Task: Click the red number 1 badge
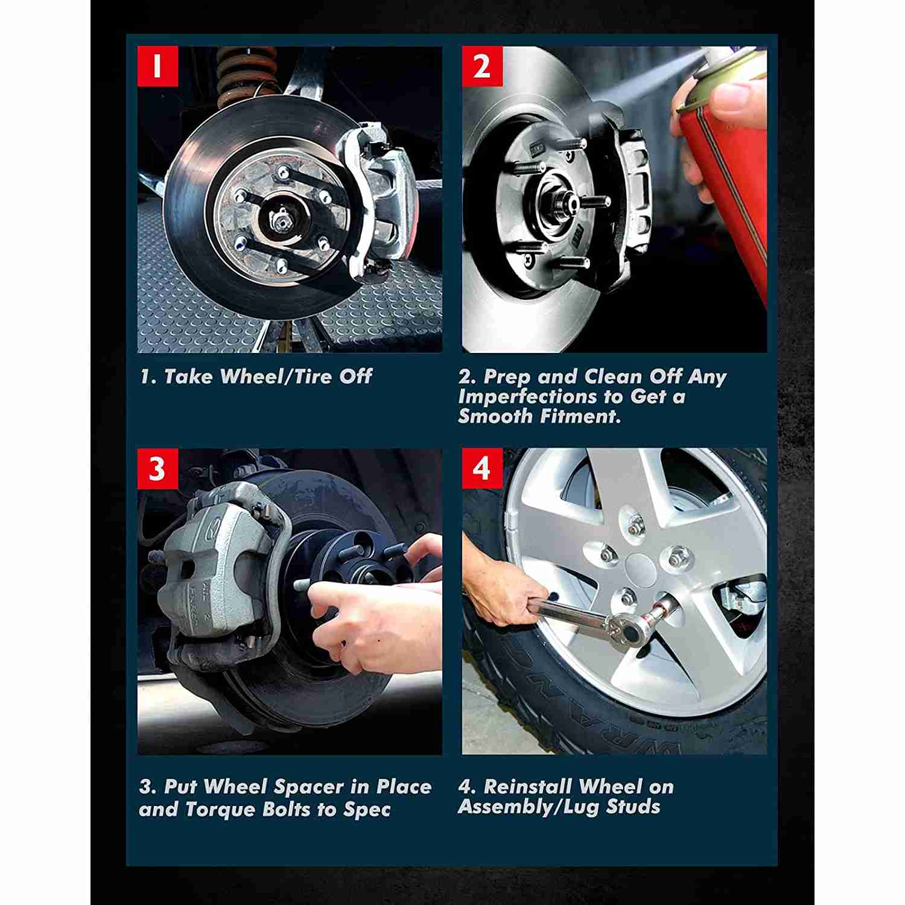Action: coord(157,66)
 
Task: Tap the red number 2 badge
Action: coord(482,66)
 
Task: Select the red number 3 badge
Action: coord(157,468)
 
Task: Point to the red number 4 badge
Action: coord(482,468)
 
